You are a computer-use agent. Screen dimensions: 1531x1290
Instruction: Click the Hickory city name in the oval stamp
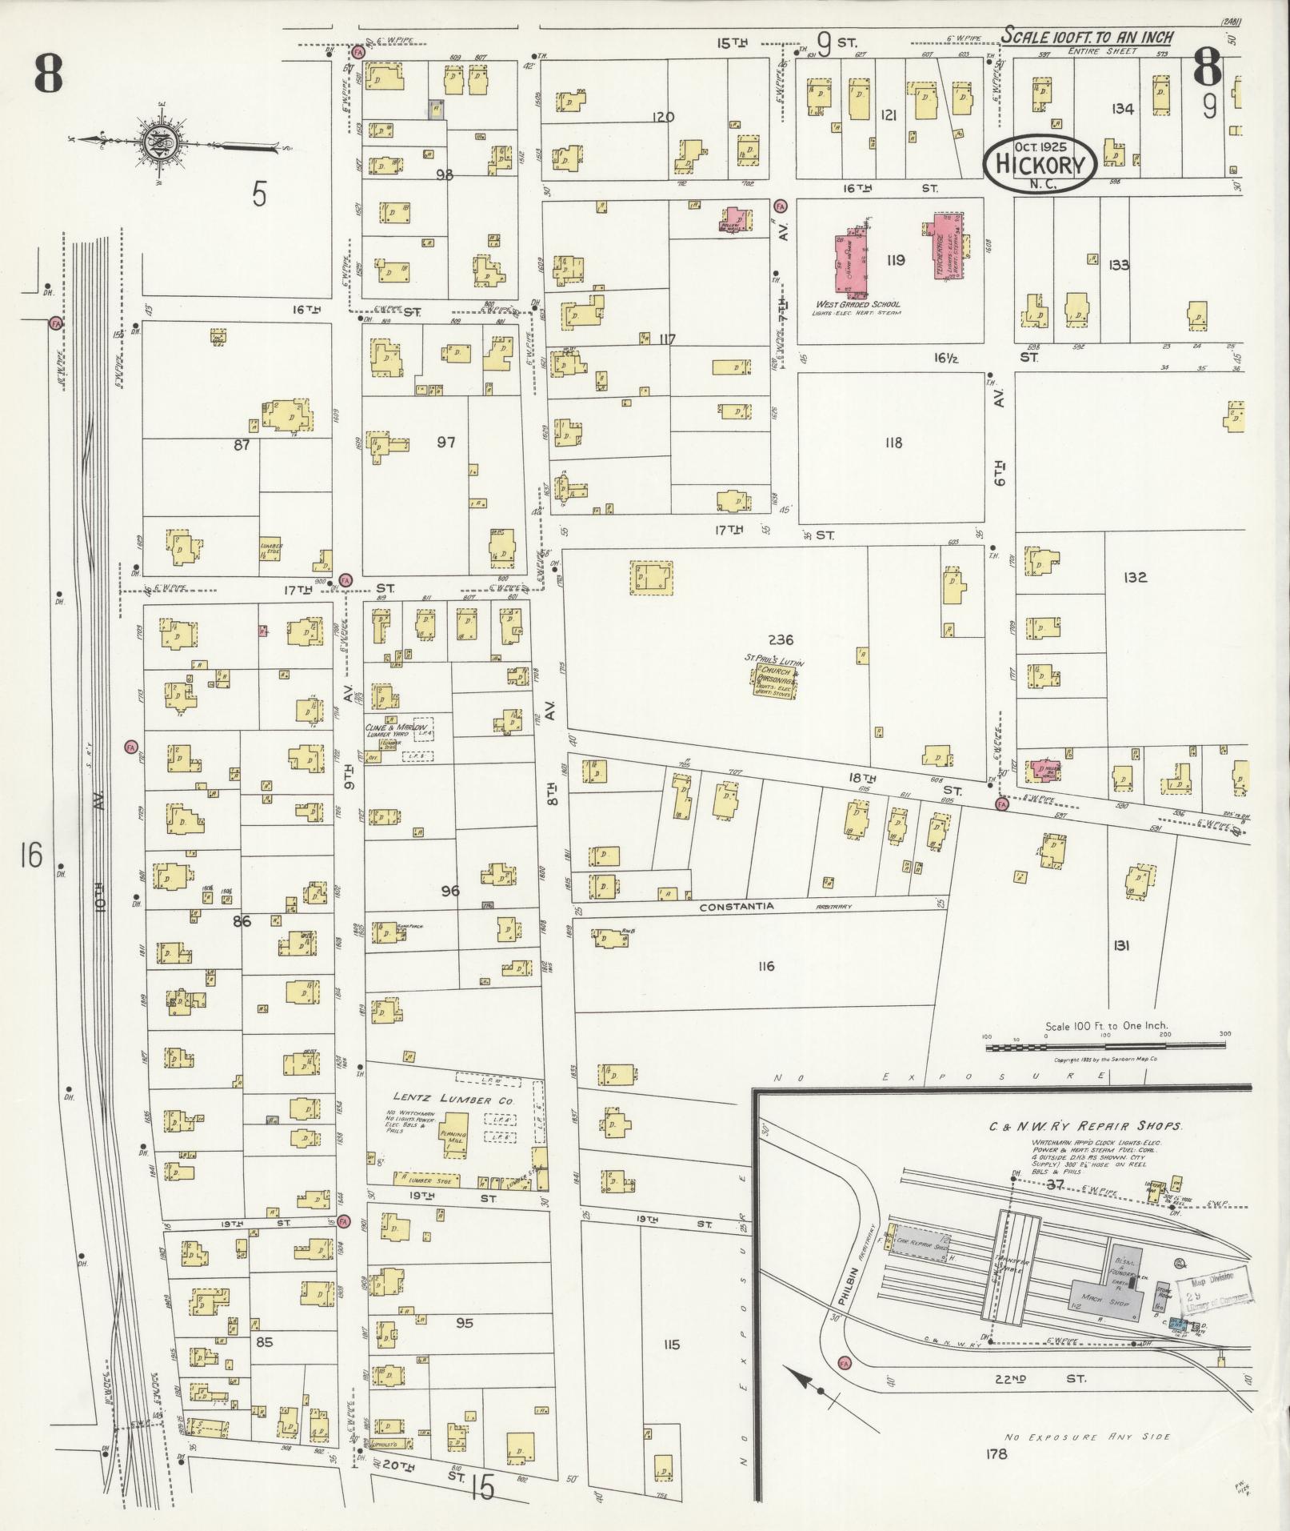tap(1040, 165)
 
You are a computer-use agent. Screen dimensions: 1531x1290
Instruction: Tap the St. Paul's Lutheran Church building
tap(775, 681)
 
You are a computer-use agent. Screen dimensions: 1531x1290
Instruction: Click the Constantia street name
tap(737, 908)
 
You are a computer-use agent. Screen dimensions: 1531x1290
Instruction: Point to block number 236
tap(780, 639)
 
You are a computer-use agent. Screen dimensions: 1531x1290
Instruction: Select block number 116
tap(765, 966)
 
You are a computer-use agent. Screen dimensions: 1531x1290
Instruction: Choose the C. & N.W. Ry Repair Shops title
tap(1084, 1126)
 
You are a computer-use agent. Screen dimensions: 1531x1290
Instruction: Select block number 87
tap(242, 445)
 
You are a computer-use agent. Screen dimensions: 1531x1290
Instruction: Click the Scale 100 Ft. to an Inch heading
tap(1088, 37)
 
